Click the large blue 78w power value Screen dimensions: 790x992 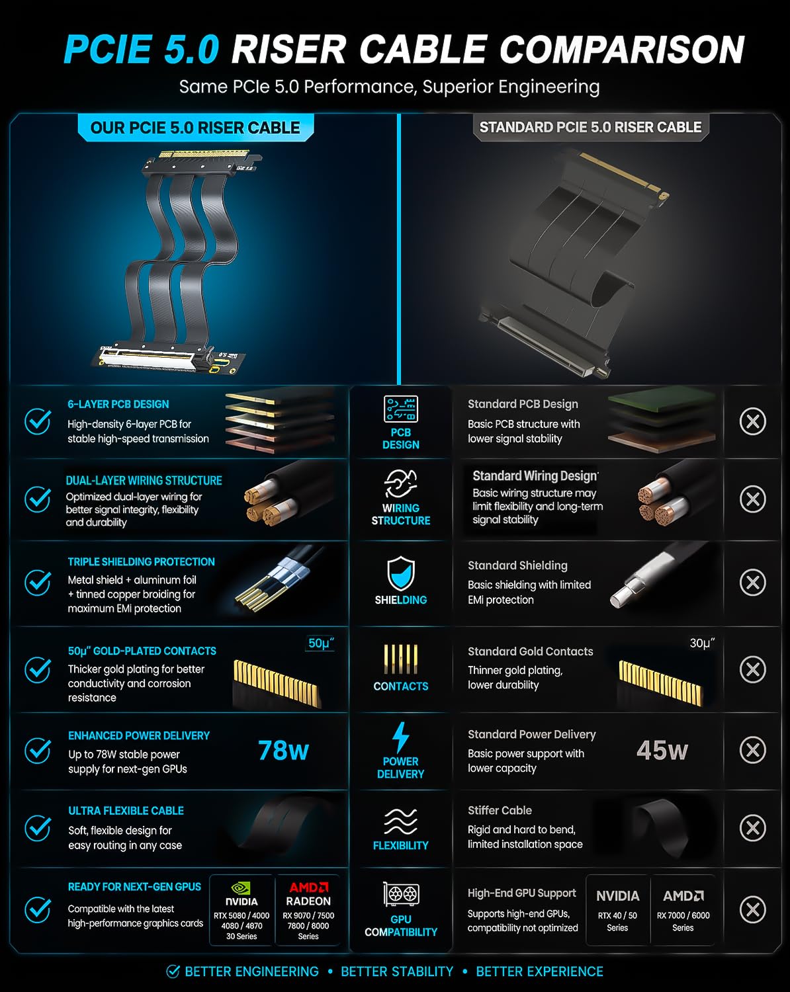283,751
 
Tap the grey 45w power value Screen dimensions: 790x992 662,751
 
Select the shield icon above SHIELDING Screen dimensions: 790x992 400,573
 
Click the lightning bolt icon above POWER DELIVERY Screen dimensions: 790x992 400,737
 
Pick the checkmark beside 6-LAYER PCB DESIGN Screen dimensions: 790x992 38,421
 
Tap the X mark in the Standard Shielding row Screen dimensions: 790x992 753,583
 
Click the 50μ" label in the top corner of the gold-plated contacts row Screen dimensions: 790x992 320,643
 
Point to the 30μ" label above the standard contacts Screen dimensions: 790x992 702,643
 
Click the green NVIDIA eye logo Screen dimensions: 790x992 241,888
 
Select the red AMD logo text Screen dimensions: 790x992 308,888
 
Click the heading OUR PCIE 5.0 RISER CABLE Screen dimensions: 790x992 195,128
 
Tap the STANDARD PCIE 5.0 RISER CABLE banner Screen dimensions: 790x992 590,127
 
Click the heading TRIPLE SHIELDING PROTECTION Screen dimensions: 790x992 141,561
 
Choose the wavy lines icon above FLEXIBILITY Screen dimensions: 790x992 400,821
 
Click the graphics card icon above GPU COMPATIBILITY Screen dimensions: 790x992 401,895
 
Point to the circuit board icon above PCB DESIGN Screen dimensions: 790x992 401,409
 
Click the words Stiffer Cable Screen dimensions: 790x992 500,810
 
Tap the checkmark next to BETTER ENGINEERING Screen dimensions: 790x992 173,971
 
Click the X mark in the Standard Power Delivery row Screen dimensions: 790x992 753,751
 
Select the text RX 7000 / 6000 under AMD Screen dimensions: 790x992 683,915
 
